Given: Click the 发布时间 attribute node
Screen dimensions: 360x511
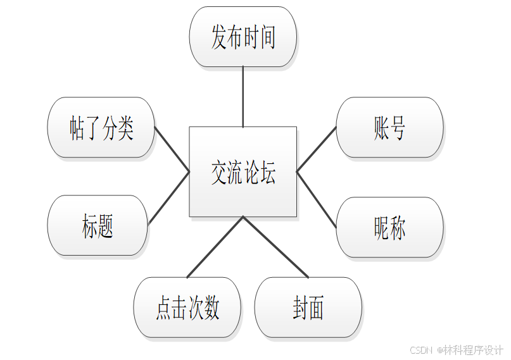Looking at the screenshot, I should point(243,37).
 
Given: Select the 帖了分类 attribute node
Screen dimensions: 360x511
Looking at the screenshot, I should point(101,127).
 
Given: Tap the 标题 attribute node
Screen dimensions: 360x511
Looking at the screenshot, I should point(98,225).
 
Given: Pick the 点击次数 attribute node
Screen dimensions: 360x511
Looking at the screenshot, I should point(187,307).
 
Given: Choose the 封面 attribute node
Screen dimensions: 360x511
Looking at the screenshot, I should point(308,307).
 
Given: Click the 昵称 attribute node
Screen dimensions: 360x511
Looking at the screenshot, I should point(389,227).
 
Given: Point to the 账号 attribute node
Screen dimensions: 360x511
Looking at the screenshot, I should point(389,127).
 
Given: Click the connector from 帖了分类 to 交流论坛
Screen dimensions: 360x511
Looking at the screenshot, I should point(172,149).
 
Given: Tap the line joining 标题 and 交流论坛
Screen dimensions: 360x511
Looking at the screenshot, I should point(169,197).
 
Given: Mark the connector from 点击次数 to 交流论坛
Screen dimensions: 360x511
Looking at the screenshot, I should point(215,247).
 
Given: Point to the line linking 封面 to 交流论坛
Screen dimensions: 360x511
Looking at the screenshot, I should point(275,247).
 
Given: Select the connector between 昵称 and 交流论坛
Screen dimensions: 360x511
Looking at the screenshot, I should point(317,199).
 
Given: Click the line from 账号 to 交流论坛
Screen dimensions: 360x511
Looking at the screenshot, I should point(317,149).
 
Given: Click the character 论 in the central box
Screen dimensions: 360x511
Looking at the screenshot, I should point(251,173).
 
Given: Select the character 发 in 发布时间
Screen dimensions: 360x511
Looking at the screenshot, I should point(219,37).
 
